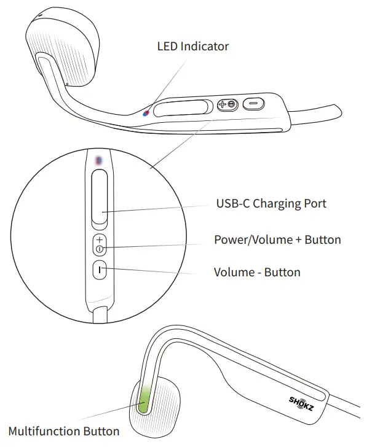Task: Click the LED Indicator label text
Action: tap(192, 47)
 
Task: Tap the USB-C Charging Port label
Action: tap(271, 204)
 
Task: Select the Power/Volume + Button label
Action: tap(277, 239)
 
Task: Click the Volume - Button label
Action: tap(257, 271)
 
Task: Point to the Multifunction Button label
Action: tap(64, 432)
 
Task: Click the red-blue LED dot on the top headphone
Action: tap(146, 113)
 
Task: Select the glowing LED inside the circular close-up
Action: tap(99, 160)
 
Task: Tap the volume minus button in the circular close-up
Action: tap(100, 270)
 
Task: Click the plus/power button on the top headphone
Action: tap(227, 105)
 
